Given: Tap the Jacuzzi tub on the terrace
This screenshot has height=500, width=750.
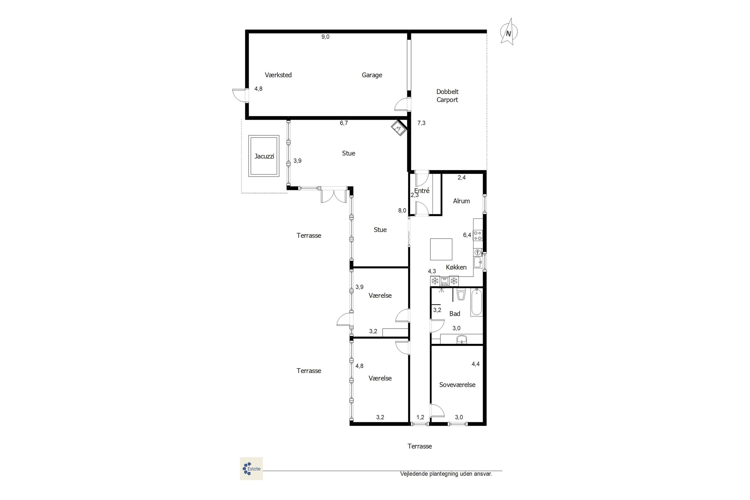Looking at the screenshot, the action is [264, 156].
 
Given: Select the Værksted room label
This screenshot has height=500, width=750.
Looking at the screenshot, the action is [278, 75].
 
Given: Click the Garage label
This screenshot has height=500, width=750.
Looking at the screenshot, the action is [372, 75].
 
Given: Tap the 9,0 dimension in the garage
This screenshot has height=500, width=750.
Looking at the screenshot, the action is [325, 37].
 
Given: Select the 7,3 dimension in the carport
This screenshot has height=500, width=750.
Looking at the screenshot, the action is [421, 123].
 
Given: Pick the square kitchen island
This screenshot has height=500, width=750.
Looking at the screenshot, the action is [441, 249].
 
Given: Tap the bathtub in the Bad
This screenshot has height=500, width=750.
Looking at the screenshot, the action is [476, 302].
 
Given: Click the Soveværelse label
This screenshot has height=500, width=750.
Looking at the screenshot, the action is [457, 384].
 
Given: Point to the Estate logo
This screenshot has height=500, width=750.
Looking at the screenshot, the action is [251, 468].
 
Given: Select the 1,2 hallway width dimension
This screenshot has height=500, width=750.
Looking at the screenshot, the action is [420, 417].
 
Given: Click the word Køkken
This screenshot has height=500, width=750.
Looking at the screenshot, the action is [456, 267].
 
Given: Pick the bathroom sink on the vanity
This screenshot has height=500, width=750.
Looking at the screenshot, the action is [461, 339].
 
